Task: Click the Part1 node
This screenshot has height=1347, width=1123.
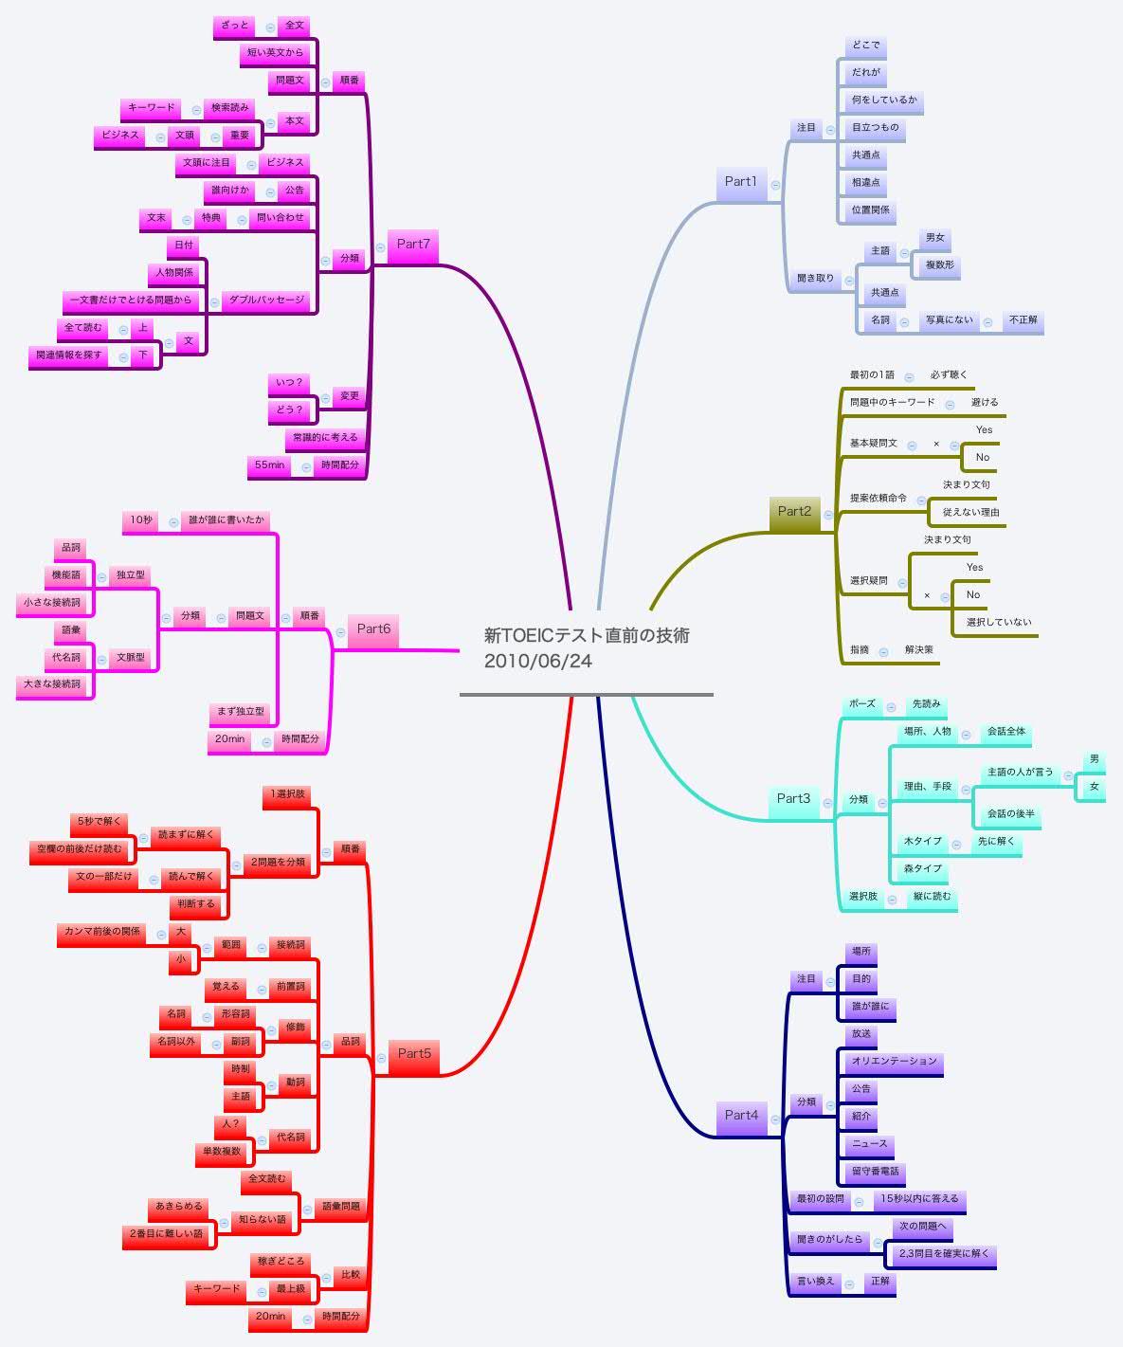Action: tap(740, 182)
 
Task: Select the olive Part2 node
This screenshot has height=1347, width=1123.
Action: tap(794, 512)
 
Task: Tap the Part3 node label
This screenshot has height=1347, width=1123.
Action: tap(793, 799)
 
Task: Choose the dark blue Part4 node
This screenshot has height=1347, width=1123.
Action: tap(741, 1116)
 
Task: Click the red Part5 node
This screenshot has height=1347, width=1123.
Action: tap(414, 1054)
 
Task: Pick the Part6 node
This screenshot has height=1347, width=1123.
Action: tap(373, 629)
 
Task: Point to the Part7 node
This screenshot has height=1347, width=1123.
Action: tap(413, 245)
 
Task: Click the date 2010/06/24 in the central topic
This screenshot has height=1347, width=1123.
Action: tap(537, 662)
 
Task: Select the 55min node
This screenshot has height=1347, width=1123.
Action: tap(270, 465)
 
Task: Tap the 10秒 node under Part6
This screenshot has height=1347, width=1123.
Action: tap(141, 520)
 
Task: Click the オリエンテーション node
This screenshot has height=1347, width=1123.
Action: tap(894, 1062)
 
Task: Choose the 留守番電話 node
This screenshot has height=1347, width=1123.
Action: tap(875, 1172)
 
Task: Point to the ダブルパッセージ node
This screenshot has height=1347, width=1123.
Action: tap(267, 300)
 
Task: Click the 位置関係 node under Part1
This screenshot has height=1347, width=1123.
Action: tap(870, 210)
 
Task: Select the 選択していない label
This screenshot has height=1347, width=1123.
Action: tap(998, 623)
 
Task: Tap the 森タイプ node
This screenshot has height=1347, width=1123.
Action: tap(922, 869)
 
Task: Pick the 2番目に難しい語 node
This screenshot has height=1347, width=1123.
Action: tap(166, 1234)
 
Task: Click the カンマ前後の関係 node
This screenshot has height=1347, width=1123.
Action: tap(102, 932)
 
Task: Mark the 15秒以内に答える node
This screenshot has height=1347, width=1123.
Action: tap(918, 1199)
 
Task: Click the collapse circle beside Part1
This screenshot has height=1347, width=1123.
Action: tap(775, 186)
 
